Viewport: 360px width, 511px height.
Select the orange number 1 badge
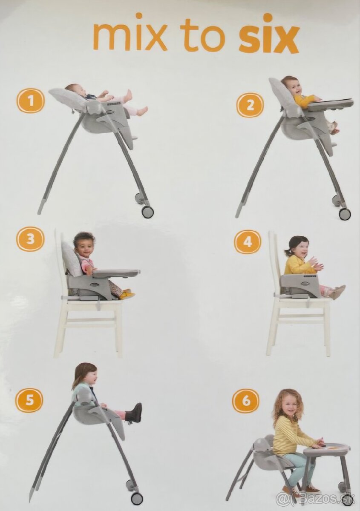[31, 100]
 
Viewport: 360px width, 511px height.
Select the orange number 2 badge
[250, 105]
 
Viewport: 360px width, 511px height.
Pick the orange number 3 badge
[30, 239]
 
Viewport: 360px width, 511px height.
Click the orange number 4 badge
[248, 242]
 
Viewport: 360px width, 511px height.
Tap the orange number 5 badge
[29, 400]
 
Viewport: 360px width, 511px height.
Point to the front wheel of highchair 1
[147, 212]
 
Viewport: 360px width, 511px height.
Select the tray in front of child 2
[330, 103]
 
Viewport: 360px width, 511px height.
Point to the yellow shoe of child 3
[127, 294]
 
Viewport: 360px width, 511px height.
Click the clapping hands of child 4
[315, 264]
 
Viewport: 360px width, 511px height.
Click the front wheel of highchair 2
[345, 213]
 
